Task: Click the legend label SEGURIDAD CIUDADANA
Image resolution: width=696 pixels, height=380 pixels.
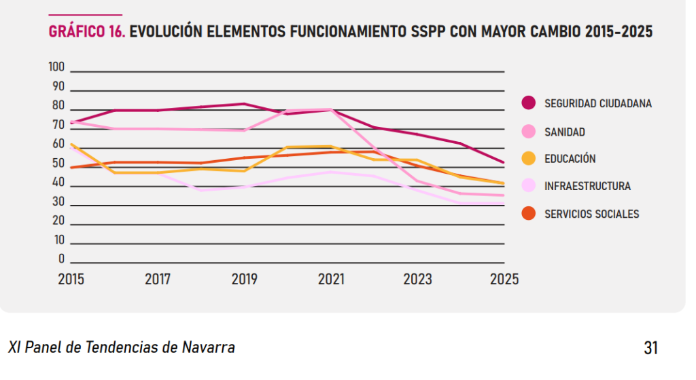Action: pyautogui.click(x=597, y=104)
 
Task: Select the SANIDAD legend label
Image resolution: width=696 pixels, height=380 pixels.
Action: pyautogui.click(x=564, y=132)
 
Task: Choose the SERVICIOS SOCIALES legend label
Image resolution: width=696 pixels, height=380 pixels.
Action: pyautogui.click(x=591, y=214)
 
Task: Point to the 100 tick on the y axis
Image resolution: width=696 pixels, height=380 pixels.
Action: pyautogui.click(x=56, y=67)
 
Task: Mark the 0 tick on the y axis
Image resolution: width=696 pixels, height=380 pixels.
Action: pyautogui.click(x=61, y=259)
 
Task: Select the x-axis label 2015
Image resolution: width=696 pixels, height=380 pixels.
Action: pyautogui.click(x=71, y=279)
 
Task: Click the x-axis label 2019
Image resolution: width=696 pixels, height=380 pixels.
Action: pyautogui.click(x=244, y=279)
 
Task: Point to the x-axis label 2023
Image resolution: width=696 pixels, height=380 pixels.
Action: pyautogui.click(x=417, y=279)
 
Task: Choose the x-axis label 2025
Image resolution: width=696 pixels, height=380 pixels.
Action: pyautogui.click(x=504, y=279)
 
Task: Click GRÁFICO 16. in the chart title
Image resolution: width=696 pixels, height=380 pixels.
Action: pyautogui.click(x=86, y=32)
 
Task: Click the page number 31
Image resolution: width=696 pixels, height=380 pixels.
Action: pyautogui.click(x=650, y=348)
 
